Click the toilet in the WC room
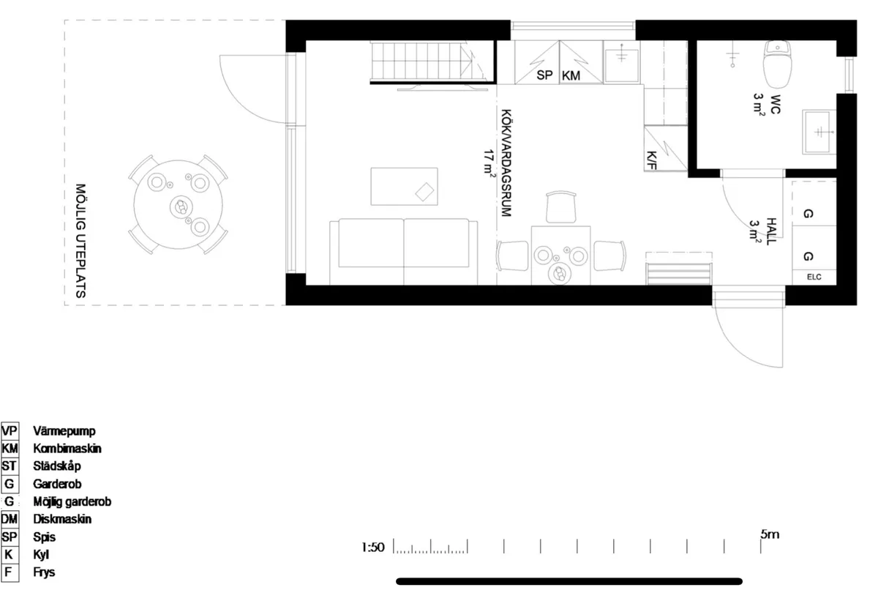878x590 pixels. pyautogui.click(x=776, y=63)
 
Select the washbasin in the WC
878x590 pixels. pyautogui.click(x=819, y=132)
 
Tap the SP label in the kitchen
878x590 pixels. pyautogui.click(x=544, y=75)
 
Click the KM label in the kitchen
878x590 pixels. pyautogui.click(x=571, y=75)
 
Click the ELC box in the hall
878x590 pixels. pyautogui.click(x=814, y=277)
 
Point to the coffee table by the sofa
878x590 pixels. pyautogui.click(x=405, y=187)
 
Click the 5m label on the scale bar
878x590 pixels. pyautogui.click(x=770, y=534)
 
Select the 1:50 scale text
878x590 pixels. pyautogui.click(x=372, y=547)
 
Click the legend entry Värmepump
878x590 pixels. pyautogui.click(x=64, y=431)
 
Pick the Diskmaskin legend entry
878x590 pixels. pyautogui.click(x=63, y=519)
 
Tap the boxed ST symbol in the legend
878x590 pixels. pyautogui.click(x=10, y=466)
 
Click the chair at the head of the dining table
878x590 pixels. pyautogui.click(x=562, y=206)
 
